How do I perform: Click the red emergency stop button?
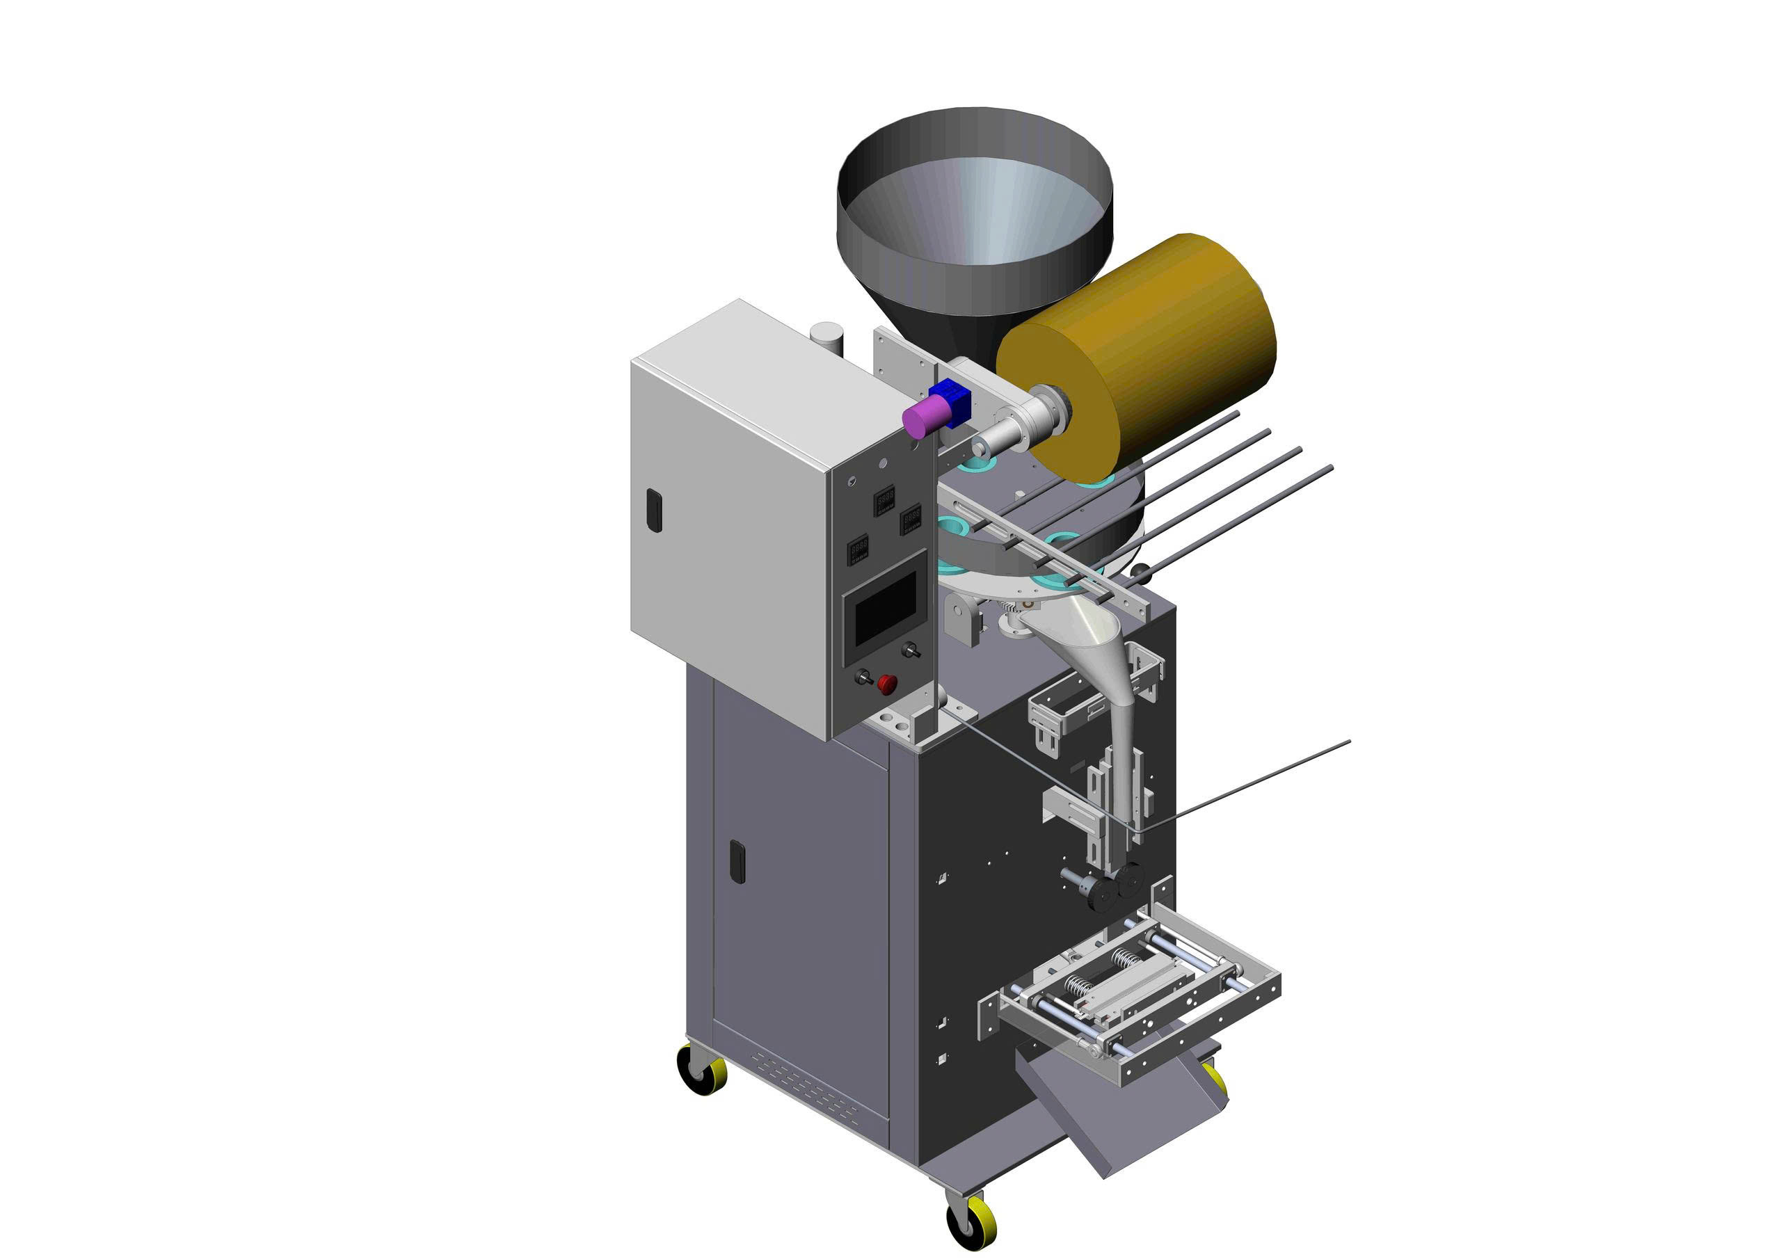886,684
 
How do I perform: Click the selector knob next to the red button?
861,677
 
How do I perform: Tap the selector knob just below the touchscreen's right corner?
911,649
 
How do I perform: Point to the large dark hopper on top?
974,217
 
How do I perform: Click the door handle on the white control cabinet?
655,510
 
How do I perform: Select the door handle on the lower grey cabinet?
737,861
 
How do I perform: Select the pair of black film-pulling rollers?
1117,884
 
